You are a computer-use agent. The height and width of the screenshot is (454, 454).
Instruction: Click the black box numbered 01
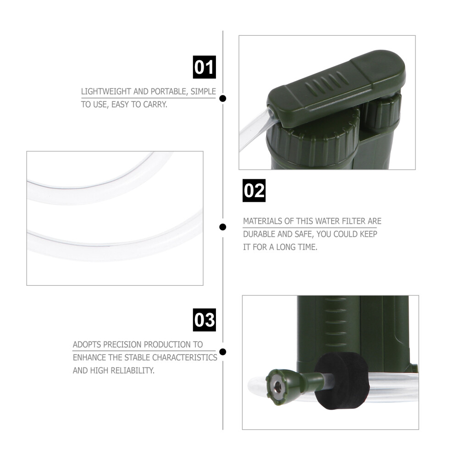[205, 67]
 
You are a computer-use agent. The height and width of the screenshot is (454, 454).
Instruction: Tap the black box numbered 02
[254, 190]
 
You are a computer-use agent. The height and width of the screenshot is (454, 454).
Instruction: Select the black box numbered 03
[205, 320]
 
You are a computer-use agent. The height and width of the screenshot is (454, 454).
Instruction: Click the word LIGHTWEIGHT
[106, 92]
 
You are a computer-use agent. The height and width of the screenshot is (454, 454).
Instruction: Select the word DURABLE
[259, 234]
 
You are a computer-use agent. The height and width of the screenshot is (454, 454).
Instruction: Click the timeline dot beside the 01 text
[223, 99]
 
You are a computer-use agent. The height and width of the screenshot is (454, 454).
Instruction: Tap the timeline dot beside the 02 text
[223, 227]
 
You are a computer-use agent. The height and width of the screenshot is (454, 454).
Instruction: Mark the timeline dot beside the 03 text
[223, 352]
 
